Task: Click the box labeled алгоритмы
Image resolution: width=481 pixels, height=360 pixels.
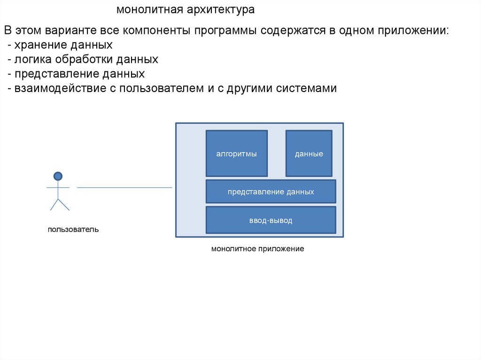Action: (236, 153)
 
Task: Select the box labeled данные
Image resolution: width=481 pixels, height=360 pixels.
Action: (309, 153)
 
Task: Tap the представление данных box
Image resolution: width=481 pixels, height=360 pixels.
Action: (271, 191)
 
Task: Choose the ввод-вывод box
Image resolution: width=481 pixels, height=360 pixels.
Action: (271, 220)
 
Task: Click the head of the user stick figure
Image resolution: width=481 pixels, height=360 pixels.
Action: (58, 176)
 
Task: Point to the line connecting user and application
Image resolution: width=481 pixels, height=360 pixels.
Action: (124, 188)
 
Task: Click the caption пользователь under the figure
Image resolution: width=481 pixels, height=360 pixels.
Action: (73, 230)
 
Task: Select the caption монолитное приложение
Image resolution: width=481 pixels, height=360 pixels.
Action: (257, 249)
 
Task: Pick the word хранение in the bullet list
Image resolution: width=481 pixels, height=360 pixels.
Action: (38, 46)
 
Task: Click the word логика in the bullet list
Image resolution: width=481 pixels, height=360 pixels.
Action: (33, 60)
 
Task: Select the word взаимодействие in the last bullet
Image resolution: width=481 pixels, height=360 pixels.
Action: (61, 88)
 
